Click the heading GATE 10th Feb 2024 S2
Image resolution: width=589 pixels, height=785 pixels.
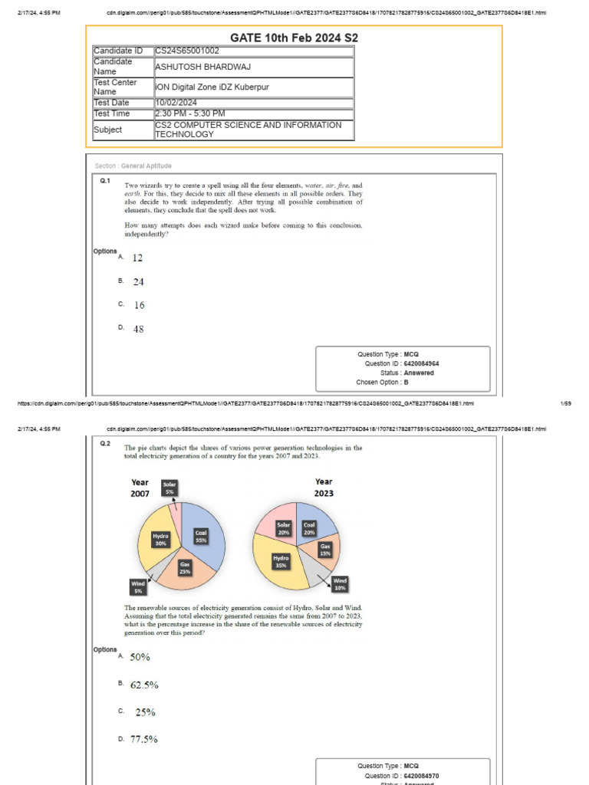[x=294, y=38]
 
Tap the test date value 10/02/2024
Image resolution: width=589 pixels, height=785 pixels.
[x=176, y=103]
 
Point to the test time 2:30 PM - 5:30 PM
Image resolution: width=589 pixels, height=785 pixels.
[x=190, y=113]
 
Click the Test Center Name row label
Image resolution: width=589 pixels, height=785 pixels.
[x=116, y=87]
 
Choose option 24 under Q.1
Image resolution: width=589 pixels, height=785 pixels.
[x=138, y=282]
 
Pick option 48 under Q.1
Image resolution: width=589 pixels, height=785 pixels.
[x=138, y=329]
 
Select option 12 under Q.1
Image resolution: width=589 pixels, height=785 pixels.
[x=137, y=258]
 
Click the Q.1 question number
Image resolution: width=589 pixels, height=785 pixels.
[x=106, y=182]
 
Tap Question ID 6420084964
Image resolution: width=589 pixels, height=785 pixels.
[x=421, y=364]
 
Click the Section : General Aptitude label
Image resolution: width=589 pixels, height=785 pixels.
[x=133, y=166]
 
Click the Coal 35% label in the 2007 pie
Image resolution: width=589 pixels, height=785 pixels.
[x=201, y=536]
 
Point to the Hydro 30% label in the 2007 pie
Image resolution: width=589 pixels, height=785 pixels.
[x=160, y=540]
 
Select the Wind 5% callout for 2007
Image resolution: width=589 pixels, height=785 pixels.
[x=139, y=587]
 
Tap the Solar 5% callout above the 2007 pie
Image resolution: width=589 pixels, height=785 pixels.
[x=169, y=488]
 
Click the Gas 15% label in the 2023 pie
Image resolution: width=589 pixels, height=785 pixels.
[x=325, y=550]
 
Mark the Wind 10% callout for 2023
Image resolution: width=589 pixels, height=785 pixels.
[x=341, y=584]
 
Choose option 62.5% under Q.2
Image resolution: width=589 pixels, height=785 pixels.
[x=144, y=685]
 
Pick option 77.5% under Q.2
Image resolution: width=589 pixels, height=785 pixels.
[x=144, y=739]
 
